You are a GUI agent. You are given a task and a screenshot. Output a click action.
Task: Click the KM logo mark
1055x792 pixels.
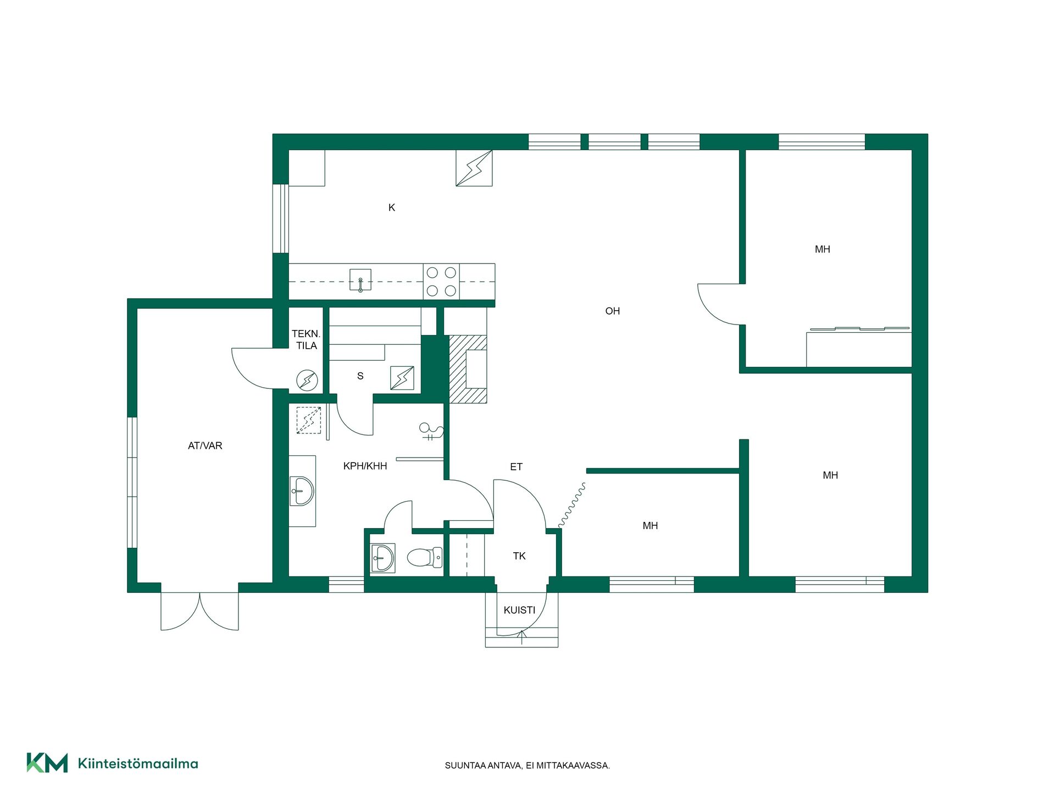47,763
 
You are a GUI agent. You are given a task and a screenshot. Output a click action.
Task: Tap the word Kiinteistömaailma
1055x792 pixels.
138,763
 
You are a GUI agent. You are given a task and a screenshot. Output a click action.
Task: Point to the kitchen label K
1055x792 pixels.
392,207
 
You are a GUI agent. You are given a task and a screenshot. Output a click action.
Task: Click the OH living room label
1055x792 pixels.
613,311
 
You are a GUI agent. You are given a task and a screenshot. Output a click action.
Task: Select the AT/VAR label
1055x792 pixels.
205,446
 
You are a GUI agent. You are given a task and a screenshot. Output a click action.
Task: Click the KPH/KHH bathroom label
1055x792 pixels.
365,466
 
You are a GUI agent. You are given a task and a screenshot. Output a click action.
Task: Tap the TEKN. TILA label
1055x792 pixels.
306,339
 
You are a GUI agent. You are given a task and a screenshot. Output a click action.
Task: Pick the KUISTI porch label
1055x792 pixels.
519,610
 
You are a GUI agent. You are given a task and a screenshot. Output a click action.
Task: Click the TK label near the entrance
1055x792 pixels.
519,556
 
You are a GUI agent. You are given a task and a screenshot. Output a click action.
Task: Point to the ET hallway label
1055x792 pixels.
517,467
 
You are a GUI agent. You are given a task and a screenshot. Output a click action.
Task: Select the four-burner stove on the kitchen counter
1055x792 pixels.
441,282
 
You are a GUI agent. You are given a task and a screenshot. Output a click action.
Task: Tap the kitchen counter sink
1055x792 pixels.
360,280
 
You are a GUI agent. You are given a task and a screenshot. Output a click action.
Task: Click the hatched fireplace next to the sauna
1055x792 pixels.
468,369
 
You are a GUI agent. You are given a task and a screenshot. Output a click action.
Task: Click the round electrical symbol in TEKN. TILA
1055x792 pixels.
307,380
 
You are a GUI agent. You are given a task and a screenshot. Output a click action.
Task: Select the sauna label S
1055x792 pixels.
360,376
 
